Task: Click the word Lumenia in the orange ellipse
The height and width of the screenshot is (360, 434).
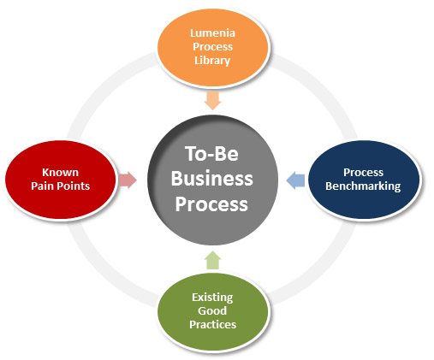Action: (212, 33)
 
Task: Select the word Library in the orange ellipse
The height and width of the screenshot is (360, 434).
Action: (212, 61)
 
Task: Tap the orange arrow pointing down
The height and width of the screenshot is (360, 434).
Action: (213, 100)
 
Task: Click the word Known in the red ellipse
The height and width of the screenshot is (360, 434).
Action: (60, 172)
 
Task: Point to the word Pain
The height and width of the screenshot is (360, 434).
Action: (44, 186)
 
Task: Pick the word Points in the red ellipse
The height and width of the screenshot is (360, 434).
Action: (74, 186)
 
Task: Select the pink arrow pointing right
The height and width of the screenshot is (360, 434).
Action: (128, 180)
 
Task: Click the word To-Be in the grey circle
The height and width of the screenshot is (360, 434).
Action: (211, 154)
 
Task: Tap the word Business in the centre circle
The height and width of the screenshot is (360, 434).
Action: (212, 179)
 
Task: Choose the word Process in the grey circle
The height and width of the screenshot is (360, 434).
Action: (211, 204)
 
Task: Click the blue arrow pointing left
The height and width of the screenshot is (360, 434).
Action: (295, 180)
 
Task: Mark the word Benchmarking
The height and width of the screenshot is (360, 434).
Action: (363, 186)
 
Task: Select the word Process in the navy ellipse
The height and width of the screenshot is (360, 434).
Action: (363, 172)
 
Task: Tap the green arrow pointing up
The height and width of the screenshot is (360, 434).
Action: (213, 260)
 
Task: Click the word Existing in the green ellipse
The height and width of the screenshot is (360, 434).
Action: (212, 298)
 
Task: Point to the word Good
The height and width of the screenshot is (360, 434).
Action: (212, 310)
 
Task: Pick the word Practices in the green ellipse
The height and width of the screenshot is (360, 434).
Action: (212, 324)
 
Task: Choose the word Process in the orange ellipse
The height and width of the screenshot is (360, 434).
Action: (212, 47)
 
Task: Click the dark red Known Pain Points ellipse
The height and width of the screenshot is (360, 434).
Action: (61, 180)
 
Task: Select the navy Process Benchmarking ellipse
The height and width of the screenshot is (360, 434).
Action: (364, 180)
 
